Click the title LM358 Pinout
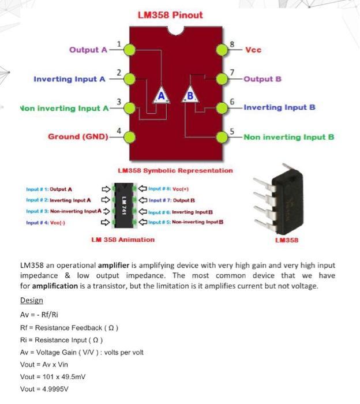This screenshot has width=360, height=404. (170, 15)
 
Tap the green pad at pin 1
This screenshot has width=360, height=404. (130, 50)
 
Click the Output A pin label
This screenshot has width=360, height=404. (88, 50)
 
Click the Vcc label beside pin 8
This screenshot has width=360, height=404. (253, 50)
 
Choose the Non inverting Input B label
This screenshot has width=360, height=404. (289, 137)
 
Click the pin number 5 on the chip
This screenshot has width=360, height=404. (231, 131)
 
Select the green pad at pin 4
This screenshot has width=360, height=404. (130, 137)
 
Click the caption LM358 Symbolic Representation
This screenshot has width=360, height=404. (175, 170)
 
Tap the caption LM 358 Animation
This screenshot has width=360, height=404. (123, 239)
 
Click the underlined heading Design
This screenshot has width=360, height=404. (31, 301)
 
